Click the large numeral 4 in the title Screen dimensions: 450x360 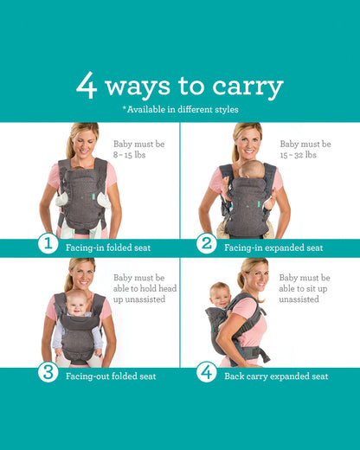click(x=87, y=86)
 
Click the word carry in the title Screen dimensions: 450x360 click(x=245, y=87)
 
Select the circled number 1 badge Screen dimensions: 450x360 click(x=49, y=246)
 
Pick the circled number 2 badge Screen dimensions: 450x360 click(x=206, y=246)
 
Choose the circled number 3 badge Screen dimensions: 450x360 click(x=49, y=375)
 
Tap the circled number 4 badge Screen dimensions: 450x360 click(x=206, y=375)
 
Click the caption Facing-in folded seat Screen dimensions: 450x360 click(x=108, y=247)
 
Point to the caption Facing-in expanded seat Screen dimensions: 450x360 click(x=273, y=247)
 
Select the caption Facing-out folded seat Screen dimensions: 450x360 click(x=111, y=376)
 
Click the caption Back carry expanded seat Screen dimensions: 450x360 click(x=276, y=376)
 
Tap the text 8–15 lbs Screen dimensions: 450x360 click(x=132, y=155)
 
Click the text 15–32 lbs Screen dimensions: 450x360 click(x=299, y=155)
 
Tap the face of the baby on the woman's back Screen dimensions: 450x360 click(x=222, y=293)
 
